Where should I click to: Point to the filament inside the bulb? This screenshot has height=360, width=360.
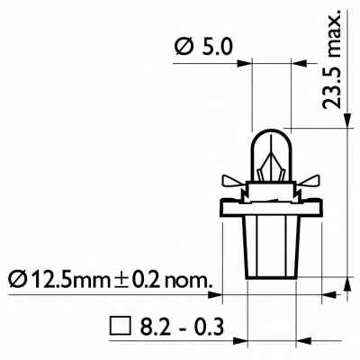pyautogui.click(x=269, y=166)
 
